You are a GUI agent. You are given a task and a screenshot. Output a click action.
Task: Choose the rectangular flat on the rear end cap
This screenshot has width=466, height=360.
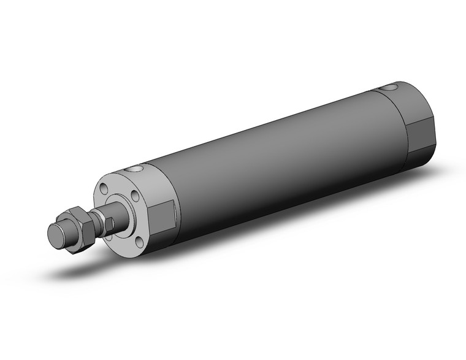(x=419, y=134)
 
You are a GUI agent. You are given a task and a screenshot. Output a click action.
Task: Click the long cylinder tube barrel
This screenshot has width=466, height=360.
(x=276, y=159)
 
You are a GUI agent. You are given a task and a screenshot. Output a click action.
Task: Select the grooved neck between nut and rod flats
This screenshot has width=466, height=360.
(x=96, y=222)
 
